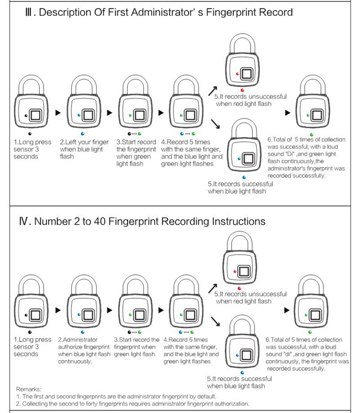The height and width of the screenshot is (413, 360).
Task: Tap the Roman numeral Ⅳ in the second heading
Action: tap(26, 222)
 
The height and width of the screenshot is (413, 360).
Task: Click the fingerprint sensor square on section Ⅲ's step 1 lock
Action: tap(36, 115)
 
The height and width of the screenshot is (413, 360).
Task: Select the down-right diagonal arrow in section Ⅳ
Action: tap(215, 320)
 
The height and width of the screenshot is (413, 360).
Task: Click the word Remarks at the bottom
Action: tap(29, 389)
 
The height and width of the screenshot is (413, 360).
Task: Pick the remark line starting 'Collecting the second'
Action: tap(132, 404)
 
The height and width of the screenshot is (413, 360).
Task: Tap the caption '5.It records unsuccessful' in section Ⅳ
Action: tap(250, 294)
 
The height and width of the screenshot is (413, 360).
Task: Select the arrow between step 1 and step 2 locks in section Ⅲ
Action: tap(58, 113)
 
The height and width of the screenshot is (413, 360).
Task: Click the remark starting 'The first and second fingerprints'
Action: tap(116, 397)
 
